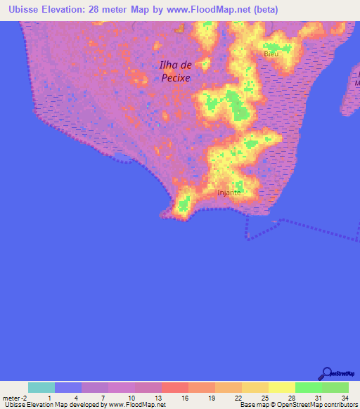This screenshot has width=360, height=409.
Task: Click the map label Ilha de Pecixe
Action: coord(175,72)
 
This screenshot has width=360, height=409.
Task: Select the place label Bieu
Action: coord(271,53)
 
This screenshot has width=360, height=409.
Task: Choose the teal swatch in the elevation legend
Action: coord(41,387)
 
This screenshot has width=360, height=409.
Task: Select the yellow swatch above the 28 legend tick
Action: coord(282,387)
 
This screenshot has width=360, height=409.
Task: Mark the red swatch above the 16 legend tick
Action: coord(175,387)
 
